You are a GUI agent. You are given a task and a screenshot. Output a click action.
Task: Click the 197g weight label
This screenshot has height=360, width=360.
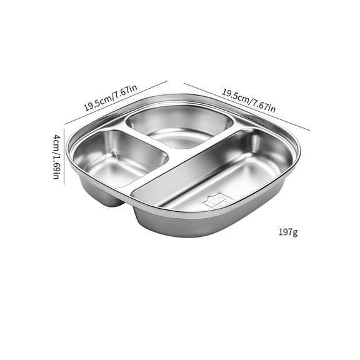pyautogui.click(x=288, y=233)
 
